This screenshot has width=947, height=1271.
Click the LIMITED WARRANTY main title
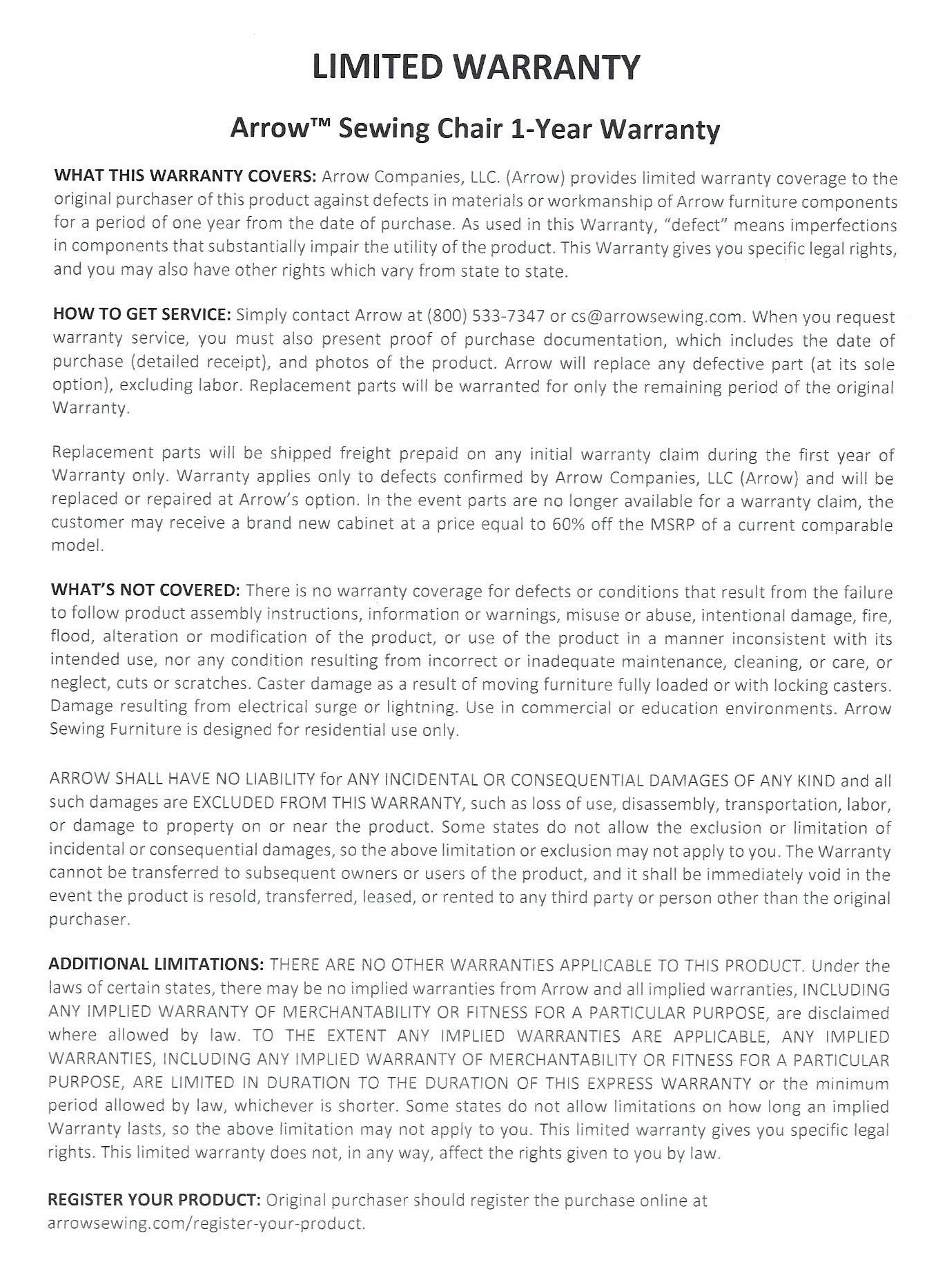pyautogui.click(x=476, y=67)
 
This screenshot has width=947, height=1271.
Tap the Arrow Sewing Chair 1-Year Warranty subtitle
pyautogui.click(x=476, y=129)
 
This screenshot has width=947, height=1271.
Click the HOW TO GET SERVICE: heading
pyautogui.click(x=141, y=316)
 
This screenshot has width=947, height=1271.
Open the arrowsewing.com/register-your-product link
pyautogui.click(x=206, y=1223)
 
